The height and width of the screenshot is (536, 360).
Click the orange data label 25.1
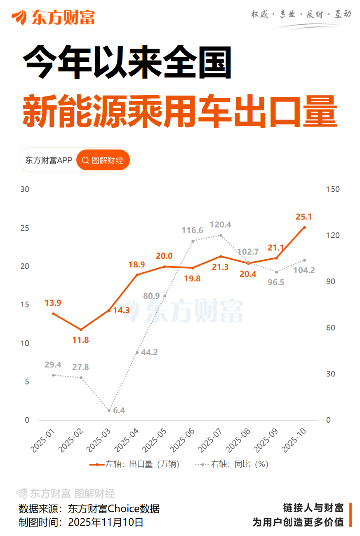click(x=305, y=217)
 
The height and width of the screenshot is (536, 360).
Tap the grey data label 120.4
click(x=220, y=225)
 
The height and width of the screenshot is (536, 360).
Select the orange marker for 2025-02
click(x=81, y=330)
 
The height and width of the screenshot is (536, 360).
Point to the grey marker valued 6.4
click(x=109, y=410)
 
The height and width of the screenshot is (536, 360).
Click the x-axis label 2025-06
click(x=181, y=440)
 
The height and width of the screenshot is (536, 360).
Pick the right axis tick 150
click(x=333, y=190)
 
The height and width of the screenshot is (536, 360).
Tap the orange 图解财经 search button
click(x=103, y=160)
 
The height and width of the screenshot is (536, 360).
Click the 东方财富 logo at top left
click(x=53, y=17)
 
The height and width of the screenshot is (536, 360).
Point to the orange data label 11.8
click(x=81, y=340)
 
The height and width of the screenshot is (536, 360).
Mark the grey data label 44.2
click(x=149, y=352)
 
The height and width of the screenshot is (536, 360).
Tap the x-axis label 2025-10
click(x=293, y=440)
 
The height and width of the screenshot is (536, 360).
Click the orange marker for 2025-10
click(x=305, y=227)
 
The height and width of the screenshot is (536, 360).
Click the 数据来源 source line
click(x=89, y=509)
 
